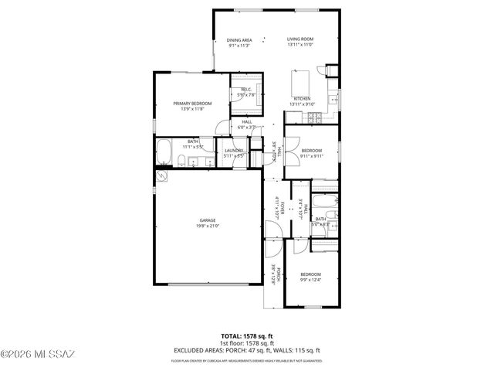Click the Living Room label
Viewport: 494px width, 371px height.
click(300, 39)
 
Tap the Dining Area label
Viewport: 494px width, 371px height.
click(239, 39)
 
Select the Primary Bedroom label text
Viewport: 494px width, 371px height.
click(192, 104)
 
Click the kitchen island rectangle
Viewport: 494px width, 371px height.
click(300, 81)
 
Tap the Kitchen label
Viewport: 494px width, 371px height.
click(300, 98)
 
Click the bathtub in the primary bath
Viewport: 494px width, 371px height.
click(165, 152)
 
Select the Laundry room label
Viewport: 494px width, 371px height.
click(234, 151)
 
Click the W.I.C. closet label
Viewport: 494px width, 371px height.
click(246, 90)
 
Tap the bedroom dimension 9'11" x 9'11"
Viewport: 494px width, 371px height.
click(311, 155)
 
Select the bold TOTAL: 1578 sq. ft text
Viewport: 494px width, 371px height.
click(247, 336)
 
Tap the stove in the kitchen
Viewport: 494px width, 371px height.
click(315, 117)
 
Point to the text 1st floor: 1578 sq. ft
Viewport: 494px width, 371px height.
click(247, 342)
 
